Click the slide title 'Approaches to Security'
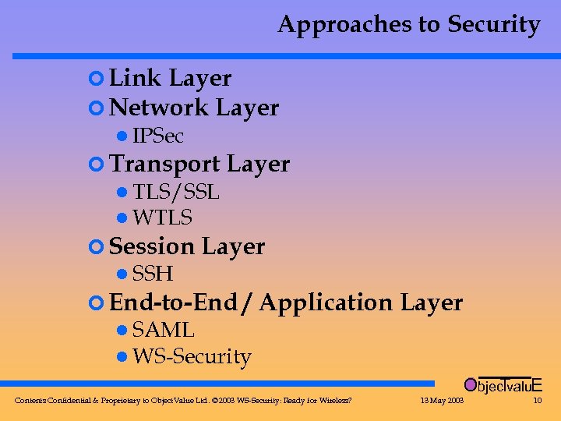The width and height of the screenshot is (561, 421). [408, 25]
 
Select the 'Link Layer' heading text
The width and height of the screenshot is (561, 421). [170, 78]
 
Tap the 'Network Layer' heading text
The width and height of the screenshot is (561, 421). [194, 108]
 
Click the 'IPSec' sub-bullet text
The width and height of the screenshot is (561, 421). [158, 136]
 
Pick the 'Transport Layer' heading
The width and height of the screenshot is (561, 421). [199, 164]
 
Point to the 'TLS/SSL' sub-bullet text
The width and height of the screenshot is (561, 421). [176, 192]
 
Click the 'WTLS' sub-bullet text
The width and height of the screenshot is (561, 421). [162, 218]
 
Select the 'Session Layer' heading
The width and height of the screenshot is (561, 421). [187, 246]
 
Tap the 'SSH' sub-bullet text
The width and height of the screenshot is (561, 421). [153, 274]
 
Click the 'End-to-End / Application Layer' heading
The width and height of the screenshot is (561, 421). [286, 302]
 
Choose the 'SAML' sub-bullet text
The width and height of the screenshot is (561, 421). [163, 331]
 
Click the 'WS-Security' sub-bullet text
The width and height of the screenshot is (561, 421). [192, 357]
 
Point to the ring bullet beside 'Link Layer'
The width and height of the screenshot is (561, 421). [96, 79]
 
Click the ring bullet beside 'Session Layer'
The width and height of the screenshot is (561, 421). [96, 247]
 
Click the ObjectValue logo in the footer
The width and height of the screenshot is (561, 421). [503, 384]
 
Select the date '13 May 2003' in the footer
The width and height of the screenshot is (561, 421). [442, 401]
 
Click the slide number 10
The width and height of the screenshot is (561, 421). [537, 401]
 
